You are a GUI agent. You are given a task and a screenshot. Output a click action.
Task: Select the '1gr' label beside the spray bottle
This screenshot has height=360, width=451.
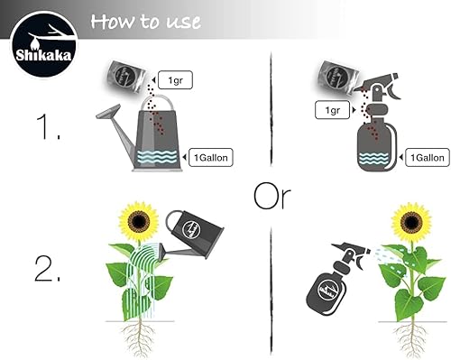click(330, 110)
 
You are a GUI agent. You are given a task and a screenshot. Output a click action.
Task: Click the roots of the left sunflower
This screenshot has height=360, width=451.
click(138, 337)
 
